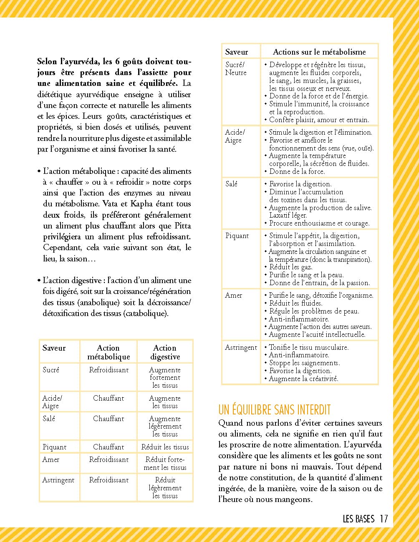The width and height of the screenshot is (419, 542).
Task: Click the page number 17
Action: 384,519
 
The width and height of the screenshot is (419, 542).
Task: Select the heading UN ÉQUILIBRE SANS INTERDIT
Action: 275,409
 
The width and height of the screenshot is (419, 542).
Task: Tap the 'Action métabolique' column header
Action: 108,352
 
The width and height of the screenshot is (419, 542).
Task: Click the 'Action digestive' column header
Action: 165,352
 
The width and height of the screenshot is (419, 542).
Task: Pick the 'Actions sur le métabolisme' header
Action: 319,52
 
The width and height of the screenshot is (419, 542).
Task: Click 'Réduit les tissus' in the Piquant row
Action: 165,447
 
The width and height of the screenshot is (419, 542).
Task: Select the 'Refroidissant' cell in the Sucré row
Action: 109,370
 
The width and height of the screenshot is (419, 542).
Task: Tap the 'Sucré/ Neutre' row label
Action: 236,68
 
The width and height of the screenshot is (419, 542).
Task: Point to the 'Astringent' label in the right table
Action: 241,347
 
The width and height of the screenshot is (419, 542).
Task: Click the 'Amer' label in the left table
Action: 51,459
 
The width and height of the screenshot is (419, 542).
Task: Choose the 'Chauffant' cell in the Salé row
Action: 109,419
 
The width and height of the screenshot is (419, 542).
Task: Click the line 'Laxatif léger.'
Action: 288,216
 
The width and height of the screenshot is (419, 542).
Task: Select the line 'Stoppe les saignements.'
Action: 304,363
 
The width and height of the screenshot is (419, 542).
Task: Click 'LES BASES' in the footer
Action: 358,519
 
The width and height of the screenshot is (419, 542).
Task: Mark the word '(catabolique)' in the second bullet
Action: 146,313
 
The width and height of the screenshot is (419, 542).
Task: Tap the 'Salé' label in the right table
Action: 231,184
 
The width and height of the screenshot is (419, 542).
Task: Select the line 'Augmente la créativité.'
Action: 303,379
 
